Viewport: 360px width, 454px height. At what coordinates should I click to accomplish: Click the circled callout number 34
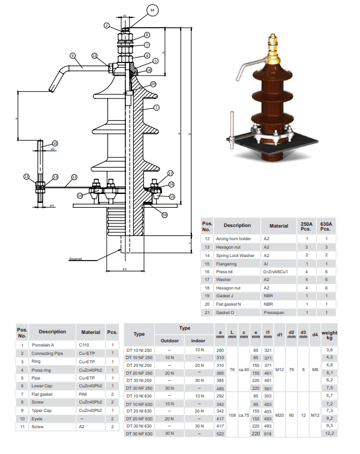click(152, 11)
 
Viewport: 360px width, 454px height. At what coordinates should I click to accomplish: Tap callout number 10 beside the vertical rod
click(55, 143)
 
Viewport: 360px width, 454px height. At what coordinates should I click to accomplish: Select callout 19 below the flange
click(164, 214)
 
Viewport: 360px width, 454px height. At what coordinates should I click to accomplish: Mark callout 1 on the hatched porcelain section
click(157, 107)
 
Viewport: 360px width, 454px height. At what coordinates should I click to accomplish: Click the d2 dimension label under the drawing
click(124, 269)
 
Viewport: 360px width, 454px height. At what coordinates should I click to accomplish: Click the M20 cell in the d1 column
click(279, 415)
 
